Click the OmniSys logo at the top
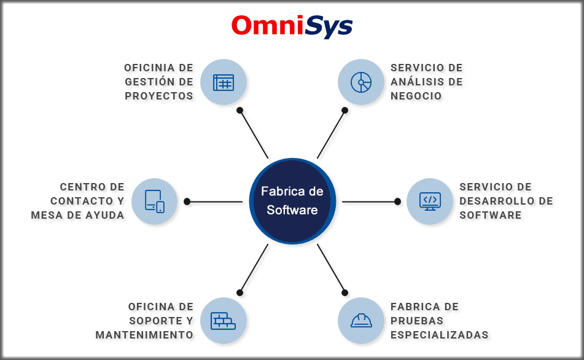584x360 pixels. click(x=292, y=26)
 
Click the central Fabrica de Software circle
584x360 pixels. click(x=292, y=201)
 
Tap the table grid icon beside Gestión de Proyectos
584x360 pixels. click(x=224, y=82)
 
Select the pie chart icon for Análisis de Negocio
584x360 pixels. click(x=360, y=82)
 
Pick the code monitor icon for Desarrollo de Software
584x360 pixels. click(x=429, y=201)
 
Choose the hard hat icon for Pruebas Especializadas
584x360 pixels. click(x=360, y=320)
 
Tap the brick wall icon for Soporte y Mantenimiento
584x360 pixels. click(x=224, y=320)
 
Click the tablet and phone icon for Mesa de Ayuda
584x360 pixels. click(x=155, y=201)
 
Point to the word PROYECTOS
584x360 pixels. click(x=159, y=96)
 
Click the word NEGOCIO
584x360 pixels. click(x=416, y=96)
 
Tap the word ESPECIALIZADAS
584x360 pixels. click(x=440, y=335)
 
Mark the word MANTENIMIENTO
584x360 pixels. click(x=144, y=335)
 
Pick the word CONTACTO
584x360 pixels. click(x=82, y=201)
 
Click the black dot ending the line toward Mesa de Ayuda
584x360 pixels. click(x=187, y=201)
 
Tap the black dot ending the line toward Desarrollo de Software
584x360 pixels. click(x=397, y=201)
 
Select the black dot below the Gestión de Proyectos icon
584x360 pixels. click(x=240, y=111)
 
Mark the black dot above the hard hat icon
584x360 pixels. click(x=345, y=292)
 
